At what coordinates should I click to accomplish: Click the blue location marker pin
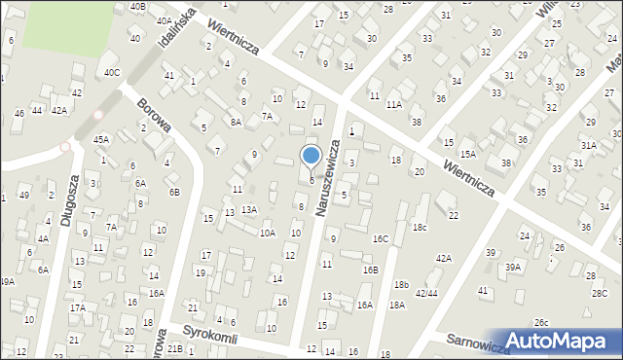pos(311,156)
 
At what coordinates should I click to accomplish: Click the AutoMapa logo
pos(559,341)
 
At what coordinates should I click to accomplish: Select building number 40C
pos(112,71)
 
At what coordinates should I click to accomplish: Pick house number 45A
pos(100,139)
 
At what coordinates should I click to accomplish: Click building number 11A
pos(393,103)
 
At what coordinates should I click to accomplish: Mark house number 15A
pos(468,154)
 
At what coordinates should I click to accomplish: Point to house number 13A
pos(249,209)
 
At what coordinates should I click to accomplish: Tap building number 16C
pos(381,238)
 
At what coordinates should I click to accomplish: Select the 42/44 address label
pos(426,292)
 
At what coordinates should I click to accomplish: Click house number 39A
pos(513,267)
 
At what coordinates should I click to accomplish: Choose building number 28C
pos(599,292)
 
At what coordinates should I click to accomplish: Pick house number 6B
pos(174,192)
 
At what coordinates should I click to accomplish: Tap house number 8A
pos(236,122)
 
